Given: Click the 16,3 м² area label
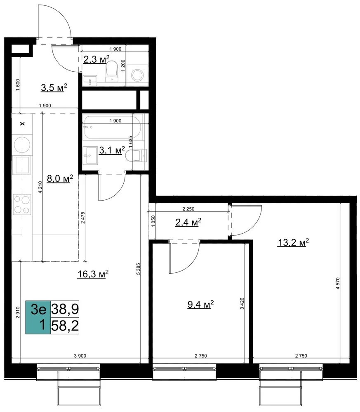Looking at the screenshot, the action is (x=93, y=274).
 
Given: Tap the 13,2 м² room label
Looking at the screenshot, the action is (x=293, y=243).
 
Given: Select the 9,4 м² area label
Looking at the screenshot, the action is (x=200, y=304).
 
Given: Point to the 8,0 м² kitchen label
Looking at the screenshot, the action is (x=60, y=179).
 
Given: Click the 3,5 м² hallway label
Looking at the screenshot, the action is (x=54, y=87).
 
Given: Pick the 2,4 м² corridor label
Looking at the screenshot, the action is (x=188, y=222).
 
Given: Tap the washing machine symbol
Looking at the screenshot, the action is (x=137, y=75).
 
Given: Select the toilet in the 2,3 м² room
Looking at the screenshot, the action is (x=111, y=71).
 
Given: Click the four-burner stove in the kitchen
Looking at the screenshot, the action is (x=22, y=205).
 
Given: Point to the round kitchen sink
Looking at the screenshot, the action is (x=22, y=145).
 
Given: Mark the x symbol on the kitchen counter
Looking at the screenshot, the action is (x=22, y=123).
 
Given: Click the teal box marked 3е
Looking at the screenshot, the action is (x=38, y=317).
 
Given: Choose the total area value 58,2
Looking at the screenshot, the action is (x=65, y=326).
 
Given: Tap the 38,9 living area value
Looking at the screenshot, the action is (x=65, y=309).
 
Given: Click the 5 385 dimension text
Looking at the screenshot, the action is (x=138, y=269).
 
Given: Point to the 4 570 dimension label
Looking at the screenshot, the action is (x=338, y=283).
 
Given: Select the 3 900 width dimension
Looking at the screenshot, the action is (x=80, y=356).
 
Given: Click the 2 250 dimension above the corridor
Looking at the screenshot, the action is (x=188, y=209).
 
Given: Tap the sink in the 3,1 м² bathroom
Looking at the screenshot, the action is (x=90, y=156).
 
